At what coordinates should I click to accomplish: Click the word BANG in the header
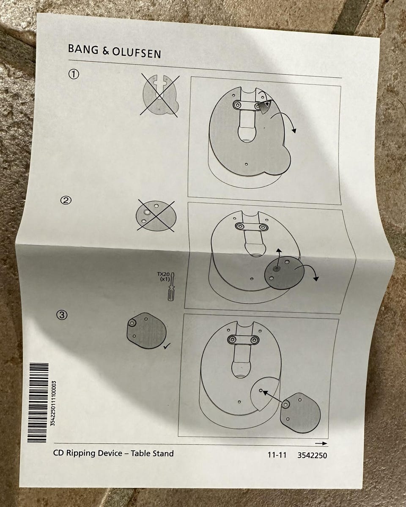[x=83, y=49]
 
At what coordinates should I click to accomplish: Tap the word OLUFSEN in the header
[x=136, y=53]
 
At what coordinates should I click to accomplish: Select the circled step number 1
[x=74, y=74]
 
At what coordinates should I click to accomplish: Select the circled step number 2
[x=66, y=200]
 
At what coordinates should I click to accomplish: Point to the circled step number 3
[x=62, y=315]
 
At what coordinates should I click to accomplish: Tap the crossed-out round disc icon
[x=156, y=216]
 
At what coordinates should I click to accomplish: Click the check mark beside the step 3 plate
[x=167, y=346]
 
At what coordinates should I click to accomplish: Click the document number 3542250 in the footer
[x=312, y=455]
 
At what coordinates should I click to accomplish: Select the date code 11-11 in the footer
[x=277, y=455]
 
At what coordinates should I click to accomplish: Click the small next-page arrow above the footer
[x=321, y=443]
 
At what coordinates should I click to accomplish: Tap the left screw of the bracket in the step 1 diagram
[x=237, y=105]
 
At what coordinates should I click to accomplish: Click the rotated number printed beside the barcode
[x=53, y=403]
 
